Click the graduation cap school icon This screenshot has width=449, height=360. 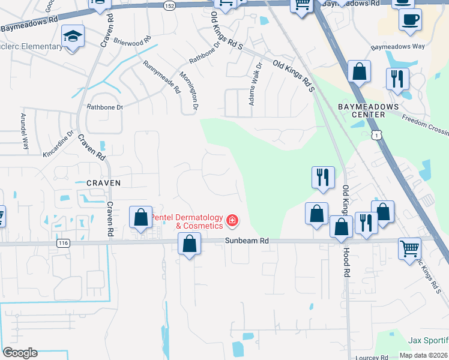(x=73, y=37)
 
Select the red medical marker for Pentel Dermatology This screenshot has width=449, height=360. (x=231, y=222)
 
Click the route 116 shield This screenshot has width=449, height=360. (x=64, y=243)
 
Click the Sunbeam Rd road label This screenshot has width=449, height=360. (x=247, y=240)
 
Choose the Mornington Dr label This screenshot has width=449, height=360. (x=188, y=90)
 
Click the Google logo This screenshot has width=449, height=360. (x=20, y=353)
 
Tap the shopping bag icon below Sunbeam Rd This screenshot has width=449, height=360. (x=189, y=245)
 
